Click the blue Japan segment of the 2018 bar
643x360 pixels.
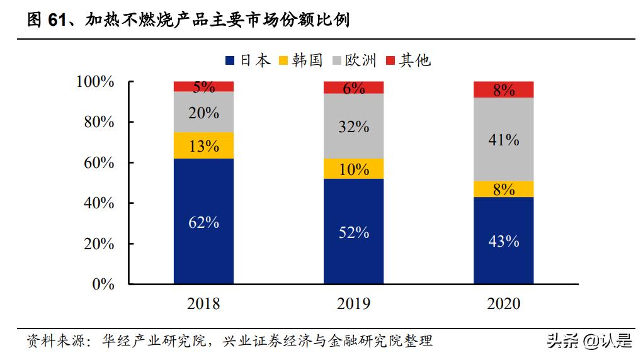tap(203, 221)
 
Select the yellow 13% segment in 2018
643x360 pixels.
tap(203, 145)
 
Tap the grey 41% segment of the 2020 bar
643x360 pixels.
tap(503, 139)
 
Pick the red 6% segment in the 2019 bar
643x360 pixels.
tap(353, 87)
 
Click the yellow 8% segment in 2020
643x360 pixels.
tap(503, 189)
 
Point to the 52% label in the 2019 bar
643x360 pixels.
tap(353, 232)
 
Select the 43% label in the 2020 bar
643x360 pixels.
tap(503, 240)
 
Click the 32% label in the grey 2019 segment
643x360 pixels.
tap(353, 127)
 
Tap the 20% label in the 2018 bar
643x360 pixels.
tap(203, 113)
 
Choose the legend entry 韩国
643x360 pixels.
tap(301, 60)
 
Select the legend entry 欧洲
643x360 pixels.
tap(353, 60)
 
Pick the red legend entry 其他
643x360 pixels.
tap(407, 60)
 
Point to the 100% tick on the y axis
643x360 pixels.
tap(95, 82)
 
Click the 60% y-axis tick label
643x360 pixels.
tap(99, 162)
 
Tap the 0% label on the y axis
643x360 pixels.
tap(103, 284)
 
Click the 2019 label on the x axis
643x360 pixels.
tap(353, 305)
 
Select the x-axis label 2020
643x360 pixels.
tap(503, 305)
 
